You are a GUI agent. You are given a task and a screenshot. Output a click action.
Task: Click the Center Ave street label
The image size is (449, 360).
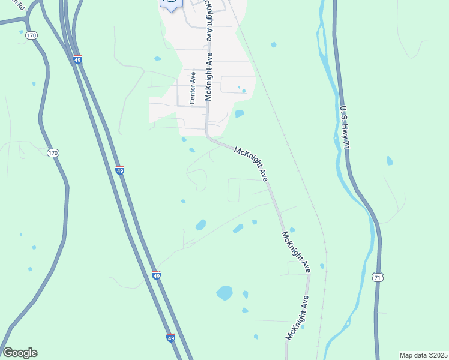[193, 88]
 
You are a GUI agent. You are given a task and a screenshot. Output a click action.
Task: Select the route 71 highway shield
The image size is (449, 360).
[376, 277]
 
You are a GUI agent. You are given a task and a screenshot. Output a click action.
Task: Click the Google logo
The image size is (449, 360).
[20, 353]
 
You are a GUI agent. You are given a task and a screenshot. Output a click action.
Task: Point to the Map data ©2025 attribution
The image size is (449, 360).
[423, 355]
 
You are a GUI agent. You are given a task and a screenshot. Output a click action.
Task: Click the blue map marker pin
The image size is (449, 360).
[171, 4]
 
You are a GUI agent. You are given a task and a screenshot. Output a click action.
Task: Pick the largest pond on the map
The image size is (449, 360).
[224, 293]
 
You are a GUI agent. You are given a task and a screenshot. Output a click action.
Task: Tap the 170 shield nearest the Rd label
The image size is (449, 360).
[32, 36]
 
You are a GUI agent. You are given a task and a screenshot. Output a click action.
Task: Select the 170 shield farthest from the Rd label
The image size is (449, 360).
[53, 153]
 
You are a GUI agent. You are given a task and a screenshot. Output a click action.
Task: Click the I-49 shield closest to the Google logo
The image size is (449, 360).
[171, 338]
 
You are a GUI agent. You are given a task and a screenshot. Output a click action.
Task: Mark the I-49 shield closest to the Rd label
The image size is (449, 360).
[78, 59]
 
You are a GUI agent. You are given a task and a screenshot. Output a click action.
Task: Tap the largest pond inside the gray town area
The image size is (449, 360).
[240, 113]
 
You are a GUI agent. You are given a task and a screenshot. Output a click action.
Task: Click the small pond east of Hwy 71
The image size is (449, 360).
[390, 160]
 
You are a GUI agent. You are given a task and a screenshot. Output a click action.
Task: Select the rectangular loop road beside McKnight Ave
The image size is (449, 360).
[234, 190]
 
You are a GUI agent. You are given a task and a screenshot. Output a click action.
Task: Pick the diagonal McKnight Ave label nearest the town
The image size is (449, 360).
[251, 163]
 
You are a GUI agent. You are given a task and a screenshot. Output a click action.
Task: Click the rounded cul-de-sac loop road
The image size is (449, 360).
[197, 178]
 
